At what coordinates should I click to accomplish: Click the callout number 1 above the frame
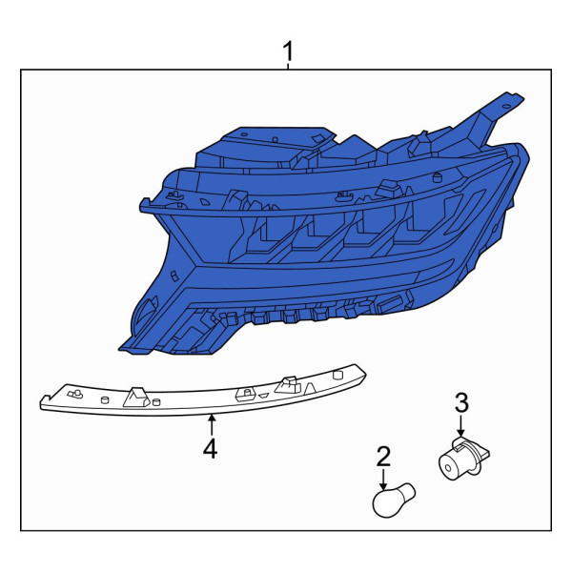288,51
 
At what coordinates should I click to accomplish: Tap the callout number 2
383,457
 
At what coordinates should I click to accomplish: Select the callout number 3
461,402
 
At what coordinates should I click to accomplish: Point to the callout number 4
211,448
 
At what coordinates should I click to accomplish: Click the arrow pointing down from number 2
383,479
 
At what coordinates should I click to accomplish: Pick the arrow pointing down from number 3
461,425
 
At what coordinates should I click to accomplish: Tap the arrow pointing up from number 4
211,425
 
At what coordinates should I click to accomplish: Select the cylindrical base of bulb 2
407,491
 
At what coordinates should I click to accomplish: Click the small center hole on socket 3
448,468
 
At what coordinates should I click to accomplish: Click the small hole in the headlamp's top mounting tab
505,106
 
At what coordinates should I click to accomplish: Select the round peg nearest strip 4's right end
337,375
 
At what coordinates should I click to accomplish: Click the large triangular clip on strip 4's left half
135,398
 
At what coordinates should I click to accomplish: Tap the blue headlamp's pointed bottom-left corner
119,350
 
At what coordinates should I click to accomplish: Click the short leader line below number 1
288,66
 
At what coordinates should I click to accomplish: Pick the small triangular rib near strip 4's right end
310,389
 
